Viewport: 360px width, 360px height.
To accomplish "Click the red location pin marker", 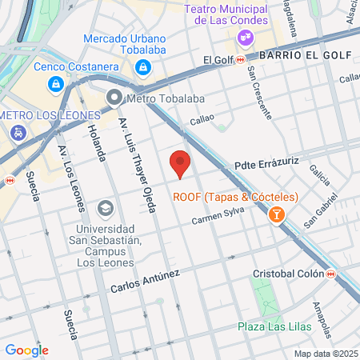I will pyautogui.click(x=181, y=163).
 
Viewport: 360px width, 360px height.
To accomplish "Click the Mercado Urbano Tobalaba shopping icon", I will pyautogui.click(x=142, y=67).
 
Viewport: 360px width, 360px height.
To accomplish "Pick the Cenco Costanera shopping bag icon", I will pyautogui.click(x=55, y=82).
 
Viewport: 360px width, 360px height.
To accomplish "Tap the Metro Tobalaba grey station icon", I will pyautogui.click(x=114, y=99).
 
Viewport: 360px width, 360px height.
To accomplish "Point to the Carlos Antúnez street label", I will pyautogui.click(x=145, y=282).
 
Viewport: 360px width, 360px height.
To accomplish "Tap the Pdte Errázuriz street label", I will pyautogui.click(x=266, y=164).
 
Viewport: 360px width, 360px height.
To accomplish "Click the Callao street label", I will pyautogui.click(x=202, y=119).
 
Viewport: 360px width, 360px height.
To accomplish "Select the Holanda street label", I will pyautogui.click(x=96, y=142).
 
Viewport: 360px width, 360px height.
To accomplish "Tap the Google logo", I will pyautogui.click(x=26, y=350).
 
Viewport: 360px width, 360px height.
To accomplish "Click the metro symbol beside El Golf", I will pyautogui.click(x=240, y=59).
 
